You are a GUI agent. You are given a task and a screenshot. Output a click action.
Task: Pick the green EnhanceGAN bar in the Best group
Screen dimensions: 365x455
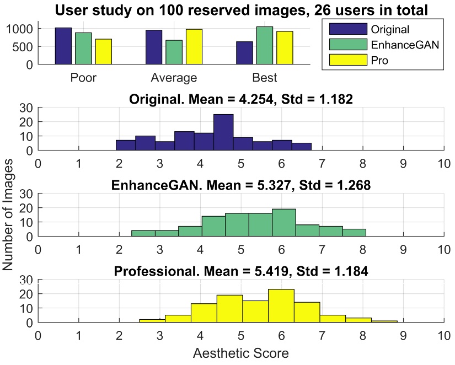[x=265, y=45]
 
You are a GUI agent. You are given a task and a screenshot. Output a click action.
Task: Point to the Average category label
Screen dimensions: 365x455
[x=174, y=78]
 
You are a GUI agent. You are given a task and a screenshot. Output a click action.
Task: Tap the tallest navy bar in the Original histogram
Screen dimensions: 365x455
[x=223, y=132]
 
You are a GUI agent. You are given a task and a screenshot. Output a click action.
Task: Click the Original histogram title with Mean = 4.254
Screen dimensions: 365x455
[x=240, y=100]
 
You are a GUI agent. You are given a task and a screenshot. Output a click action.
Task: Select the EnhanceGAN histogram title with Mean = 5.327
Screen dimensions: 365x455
[x=240, y=186]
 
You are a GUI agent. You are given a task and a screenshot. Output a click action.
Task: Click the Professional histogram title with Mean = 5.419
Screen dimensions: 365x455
[x=240, y=272]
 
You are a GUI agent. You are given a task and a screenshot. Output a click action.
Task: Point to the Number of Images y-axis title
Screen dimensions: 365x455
[x=9, y=212]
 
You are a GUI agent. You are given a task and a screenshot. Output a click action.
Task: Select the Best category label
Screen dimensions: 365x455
[x=265, y=78]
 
